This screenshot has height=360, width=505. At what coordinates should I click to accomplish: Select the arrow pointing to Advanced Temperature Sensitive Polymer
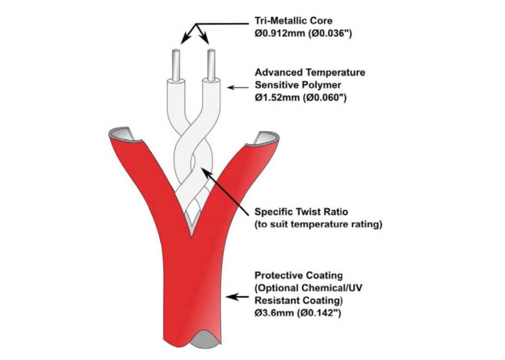(x=238, y=86)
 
